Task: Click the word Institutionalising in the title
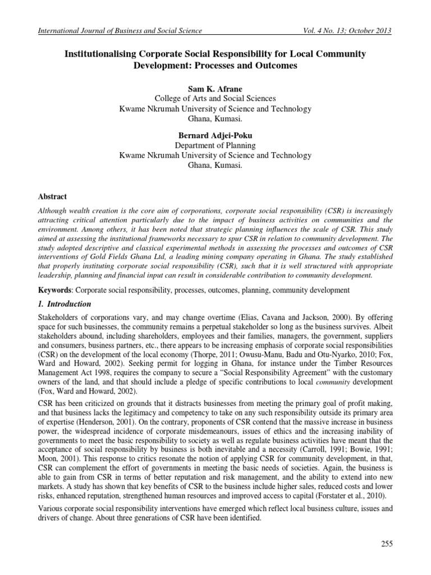click(x=97, y=54)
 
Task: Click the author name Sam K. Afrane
click(x=215, y=89)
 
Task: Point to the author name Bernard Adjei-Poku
click(x=215, y=135)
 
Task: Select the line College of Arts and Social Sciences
click(x=215, y=99)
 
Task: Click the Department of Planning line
click(x=215, y=145)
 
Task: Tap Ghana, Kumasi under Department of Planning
click(x=215, y=166)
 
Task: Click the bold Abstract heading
click(x=52, y=197)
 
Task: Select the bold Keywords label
click(x=54, y=290)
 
